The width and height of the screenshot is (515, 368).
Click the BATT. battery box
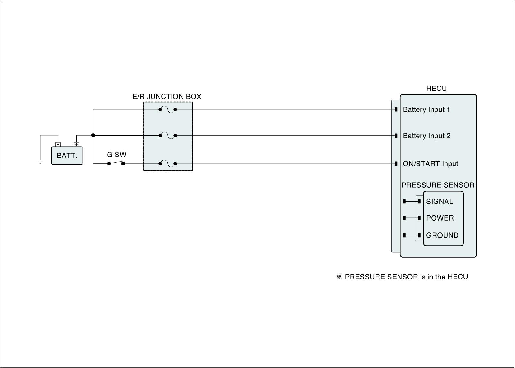tap(67, 156)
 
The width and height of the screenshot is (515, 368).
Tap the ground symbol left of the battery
tap(40, 161)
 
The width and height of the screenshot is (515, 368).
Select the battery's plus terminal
tap(76, 145)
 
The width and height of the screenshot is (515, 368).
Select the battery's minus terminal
tap(58, 145)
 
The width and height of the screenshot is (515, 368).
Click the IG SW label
tap(116, 155)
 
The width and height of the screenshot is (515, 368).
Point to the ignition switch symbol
tap(116, 163)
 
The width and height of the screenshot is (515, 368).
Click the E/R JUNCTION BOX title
tap(167, 97)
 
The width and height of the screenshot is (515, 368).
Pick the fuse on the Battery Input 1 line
tap(168, 109)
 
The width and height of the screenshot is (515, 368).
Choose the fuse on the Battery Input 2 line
tap(168, 136)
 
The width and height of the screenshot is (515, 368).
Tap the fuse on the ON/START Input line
tap(168, 164)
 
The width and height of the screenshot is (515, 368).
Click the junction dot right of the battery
tap(93, 135)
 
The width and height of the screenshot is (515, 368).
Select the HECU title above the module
tap(436, 89)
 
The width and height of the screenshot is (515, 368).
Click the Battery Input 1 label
tap(426, 110)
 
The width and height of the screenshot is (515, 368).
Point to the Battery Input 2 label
tap(426, 136)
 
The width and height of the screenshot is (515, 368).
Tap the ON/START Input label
tap(430, 164)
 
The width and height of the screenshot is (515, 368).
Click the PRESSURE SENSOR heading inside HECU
tap(438, 185)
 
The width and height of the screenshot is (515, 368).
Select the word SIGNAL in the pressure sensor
tap(439, 202)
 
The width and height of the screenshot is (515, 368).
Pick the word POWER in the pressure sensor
tap(440, 218)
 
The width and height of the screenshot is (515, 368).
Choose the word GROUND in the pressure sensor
tap(442, 235)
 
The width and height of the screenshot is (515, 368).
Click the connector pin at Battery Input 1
tap(396, 109)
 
